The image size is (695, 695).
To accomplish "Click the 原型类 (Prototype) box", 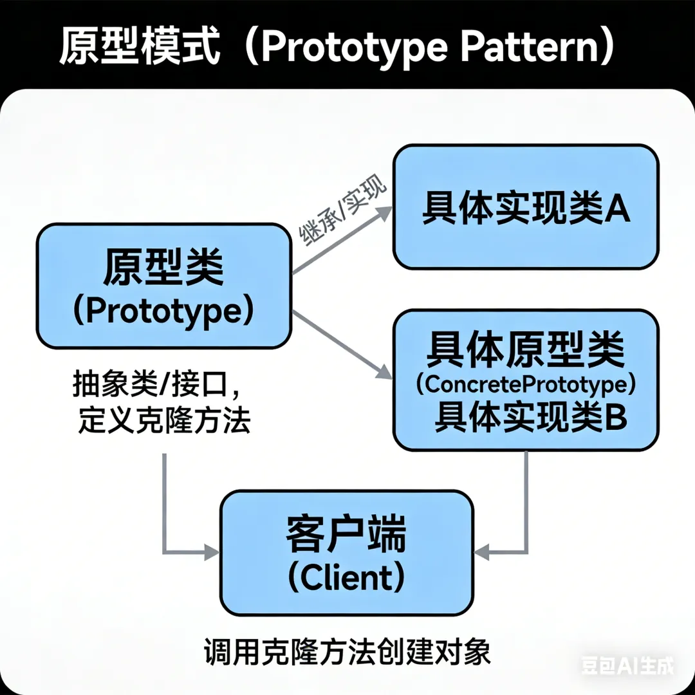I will (x=163, y=286).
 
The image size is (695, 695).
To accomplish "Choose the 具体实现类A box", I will (x=526, y=207).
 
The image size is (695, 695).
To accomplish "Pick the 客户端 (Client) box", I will (x=347, y=552).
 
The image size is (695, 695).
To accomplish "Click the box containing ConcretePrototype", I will (x=526, y=380).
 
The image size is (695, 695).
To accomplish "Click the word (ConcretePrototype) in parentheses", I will (x=526, y=385).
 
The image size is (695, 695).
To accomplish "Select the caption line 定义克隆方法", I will (x=163, y=422).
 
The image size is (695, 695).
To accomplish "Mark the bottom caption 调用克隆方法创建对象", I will (x=347, y=651).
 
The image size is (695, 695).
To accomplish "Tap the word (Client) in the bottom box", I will (x=347, y=578).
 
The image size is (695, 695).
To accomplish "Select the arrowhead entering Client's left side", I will (x=212, y=551).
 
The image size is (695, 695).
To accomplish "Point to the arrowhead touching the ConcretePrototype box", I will (x=384, y=371).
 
